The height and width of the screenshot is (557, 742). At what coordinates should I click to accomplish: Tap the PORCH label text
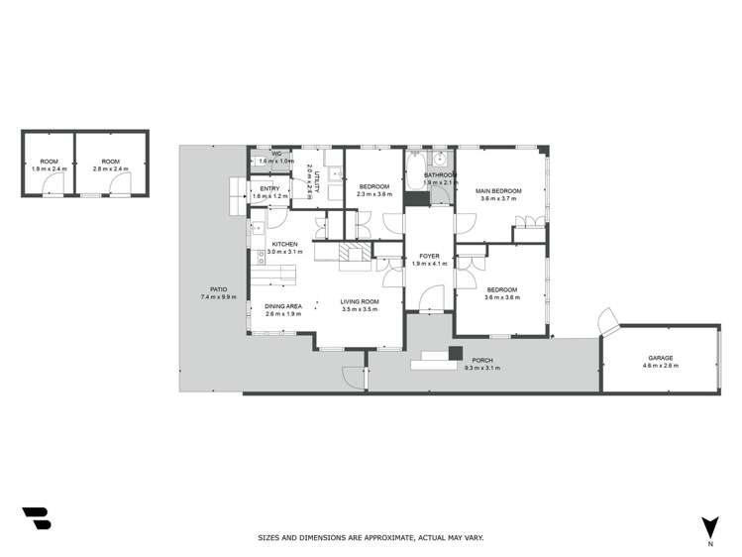click(482, 361)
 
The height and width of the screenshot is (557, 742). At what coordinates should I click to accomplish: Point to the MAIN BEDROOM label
click(498, 190)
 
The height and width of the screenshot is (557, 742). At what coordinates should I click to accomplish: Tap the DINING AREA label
click(283, 306)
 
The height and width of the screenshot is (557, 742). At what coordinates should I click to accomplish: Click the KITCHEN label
click(285, 244)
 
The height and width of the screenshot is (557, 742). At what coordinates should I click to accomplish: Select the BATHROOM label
click(440, 175)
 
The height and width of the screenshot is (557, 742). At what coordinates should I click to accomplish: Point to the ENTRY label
click(269, 188)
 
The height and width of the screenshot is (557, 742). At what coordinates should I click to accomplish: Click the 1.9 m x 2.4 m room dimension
click(50, 168)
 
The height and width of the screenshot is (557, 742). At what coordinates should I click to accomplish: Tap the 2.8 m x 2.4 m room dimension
click(110, 168)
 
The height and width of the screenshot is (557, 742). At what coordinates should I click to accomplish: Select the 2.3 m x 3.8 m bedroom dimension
click(374, 194)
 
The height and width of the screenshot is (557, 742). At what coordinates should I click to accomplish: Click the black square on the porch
click(455, 352)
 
